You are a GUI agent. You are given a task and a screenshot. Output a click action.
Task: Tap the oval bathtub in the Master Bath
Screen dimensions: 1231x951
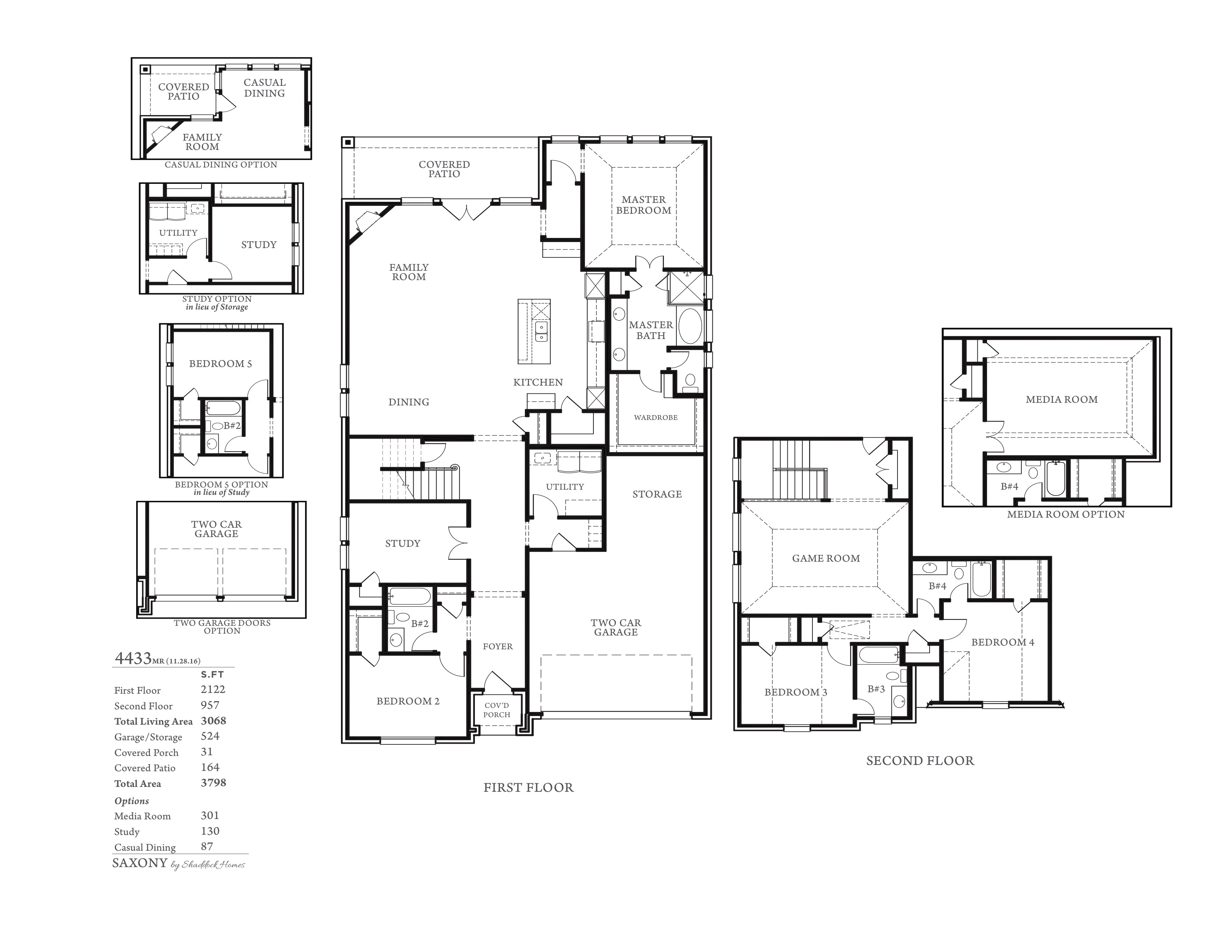click(x=690, y=326)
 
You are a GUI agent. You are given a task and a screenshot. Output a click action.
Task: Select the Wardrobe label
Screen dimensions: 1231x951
click(x=655, y=417)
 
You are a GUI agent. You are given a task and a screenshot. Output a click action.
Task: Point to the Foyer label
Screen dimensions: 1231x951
click(x=498, y=647)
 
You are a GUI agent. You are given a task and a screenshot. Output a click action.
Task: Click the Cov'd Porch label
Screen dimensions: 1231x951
click(x=497, y=710)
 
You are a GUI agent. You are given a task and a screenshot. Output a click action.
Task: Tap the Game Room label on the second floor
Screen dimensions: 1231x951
click(x=826, y=558)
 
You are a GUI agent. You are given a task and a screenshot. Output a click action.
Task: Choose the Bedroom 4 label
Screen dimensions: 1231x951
click(x=1003, y=642)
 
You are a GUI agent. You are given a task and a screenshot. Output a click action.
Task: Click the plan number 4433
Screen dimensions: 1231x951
click(x=133, y=658)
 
